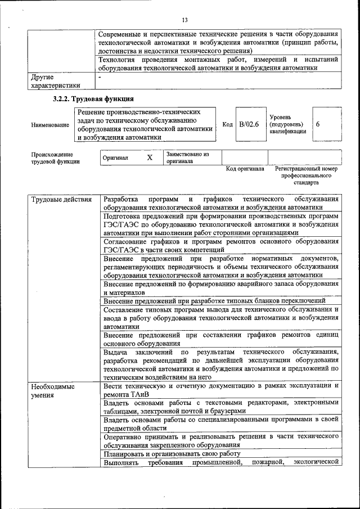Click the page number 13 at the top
pos(184,21)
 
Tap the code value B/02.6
pos(248,124)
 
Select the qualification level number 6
pos(318,124)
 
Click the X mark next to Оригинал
pos(150,157)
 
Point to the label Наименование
pos(50,125)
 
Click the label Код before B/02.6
pos(227,124)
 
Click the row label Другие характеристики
pos(55,81)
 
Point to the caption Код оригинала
pos(245,169)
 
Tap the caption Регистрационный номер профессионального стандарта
pos(306,175)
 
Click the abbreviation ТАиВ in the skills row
pos(143,395)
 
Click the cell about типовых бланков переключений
pos(214,301)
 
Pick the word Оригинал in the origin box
pos(115,158)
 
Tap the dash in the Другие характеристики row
pos(100,76)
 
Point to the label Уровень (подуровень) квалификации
pos(287,124)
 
